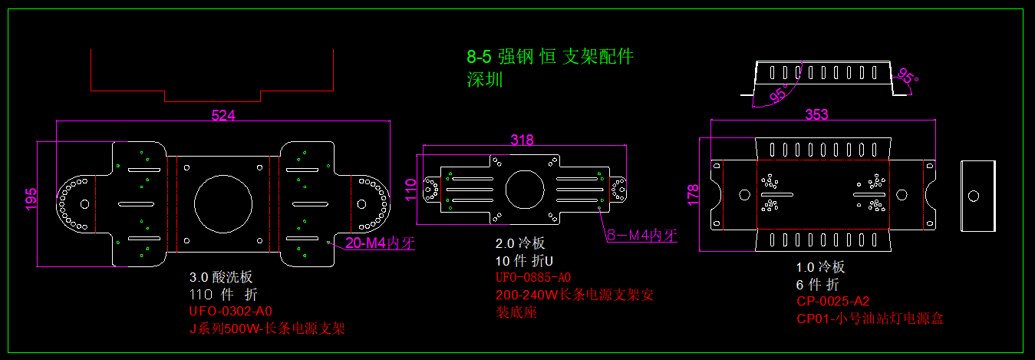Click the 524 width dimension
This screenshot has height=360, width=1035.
(222, 115)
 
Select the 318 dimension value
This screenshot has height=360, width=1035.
(522, 140)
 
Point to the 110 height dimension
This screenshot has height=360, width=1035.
(410, 188)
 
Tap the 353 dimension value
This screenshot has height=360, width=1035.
(816, 114)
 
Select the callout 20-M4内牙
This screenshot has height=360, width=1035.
(380, 243)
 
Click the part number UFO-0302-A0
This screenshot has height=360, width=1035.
(231, 312)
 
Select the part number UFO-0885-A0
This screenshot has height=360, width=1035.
(534, 277)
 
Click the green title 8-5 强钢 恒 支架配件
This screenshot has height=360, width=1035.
(550, 56)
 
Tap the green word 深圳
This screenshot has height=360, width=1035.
(485, 79)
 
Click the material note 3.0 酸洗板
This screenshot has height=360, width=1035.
(221, 277)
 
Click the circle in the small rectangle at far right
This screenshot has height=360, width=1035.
(974, 195)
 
